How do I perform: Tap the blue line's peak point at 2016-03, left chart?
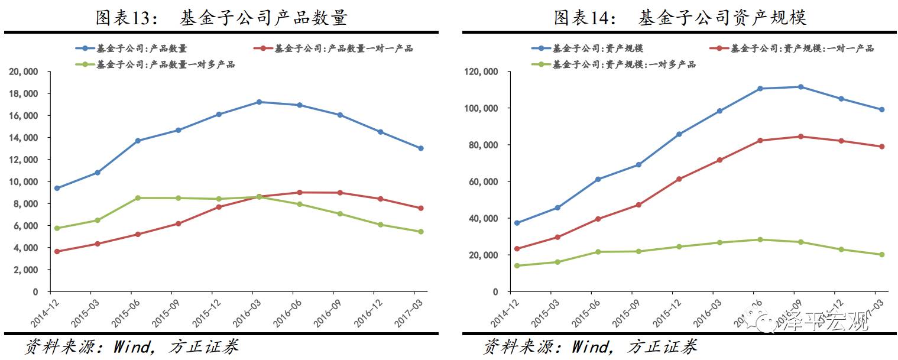[x=259, y=102]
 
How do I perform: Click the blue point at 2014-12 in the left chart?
[x=57, y=188]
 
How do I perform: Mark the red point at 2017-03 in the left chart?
[x=420, y=208]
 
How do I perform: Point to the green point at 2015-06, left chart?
[x=138, y=198]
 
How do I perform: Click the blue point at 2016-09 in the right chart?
[x=800, y=87]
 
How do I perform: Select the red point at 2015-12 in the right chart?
[x=679, y=179]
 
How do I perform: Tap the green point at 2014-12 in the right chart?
[x=517, y=265]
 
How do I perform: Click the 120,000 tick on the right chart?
[x=482, y=72]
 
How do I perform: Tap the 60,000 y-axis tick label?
[x=484, y=182]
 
